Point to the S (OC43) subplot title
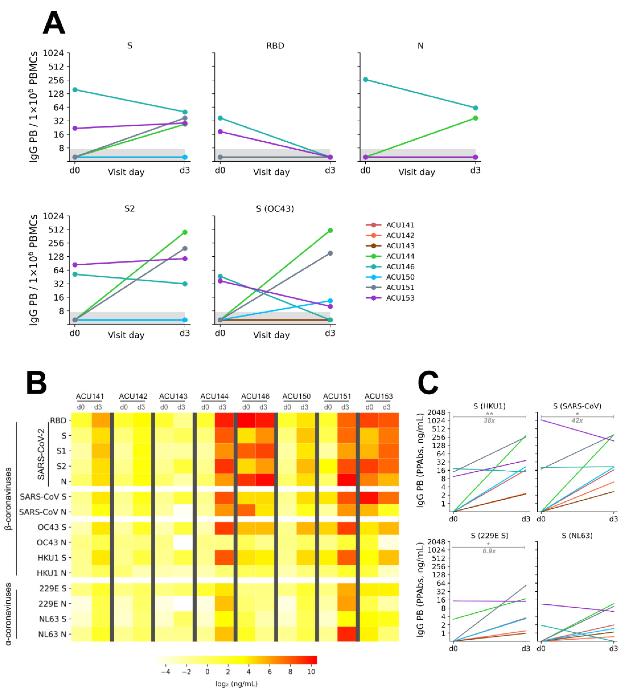(275, 209)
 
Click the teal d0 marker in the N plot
(366, 79)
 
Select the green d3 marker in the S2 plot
(185, 232)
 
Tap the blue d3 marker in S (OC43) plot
(330, 301)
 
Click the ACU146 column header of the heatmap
(255, 396)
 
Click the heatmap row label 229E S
(53, 588)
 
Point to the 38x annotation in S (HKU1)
(489, 420)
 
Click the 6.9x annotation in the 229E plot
(489, 551)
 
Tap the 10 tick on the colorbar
(311, 671)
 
